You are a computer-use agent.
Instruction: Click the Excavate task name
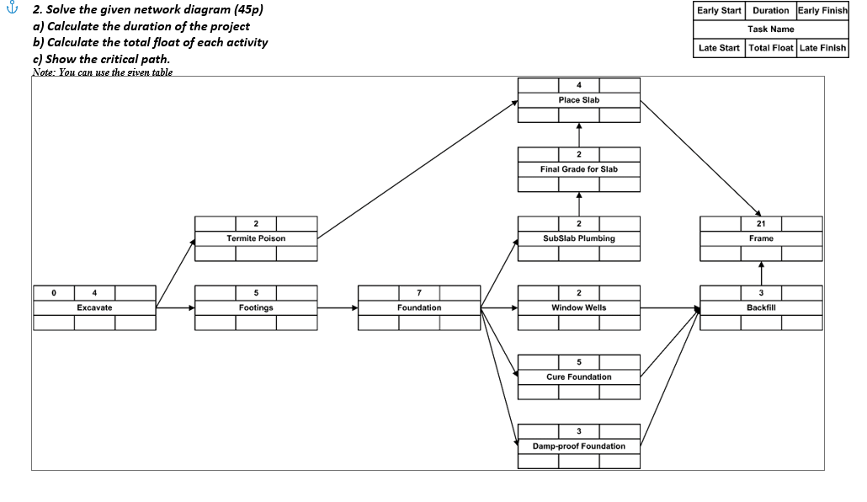[x=94, y=307]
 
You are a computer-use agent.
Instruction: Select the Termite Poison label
[x=256, y=238]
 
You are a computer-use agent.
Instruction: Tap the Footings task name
[x=256, y=307]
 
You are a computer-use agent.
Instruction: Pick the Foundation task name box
[x=419, y=307]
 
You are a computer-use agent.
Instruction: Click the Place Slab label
[x=579, y=100]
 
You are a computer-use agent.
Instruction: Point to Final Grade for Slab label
[x=579, y=169]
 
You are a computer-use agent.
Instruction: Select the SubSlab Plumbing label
[x=579, y=238]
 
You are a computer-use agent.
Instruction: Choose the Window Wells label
[x=579, y=307]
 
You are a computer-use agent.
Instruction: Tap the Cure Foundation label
[x=579, y=376]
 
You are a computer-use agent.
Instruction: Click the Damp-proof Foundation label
[x=579, y=446]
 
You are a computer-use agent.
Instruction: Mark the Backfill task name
[x=761, y=307]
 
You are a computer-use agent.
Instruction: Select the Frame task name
[x=761, y=238]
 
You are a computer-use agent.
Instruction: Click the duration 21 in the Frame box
[x=761, y=223]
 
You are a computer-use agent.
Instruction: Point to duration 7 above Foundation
[x=419, y=292]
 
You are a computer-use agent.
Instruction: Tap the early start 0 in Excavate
[x=53, y=292]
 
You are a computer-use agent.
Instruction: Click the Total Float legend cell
[x=770, y=48]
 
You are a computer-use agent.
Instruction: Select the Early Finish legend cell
[x=822, y=11]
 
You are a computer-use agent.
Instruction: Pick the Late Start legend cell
[x=719, y=48]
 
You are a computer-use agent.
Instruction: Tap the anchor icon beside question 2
[x=11, y=11]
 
